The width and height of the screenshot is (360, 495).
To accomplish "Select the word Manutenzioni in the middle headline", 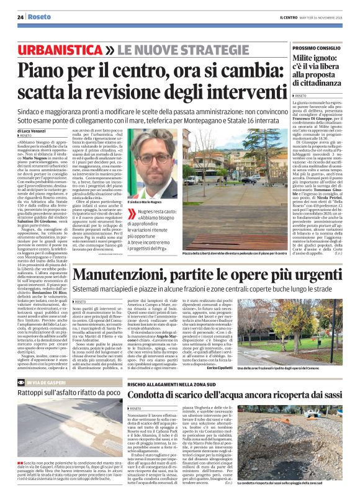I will [x=119, y=274].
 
